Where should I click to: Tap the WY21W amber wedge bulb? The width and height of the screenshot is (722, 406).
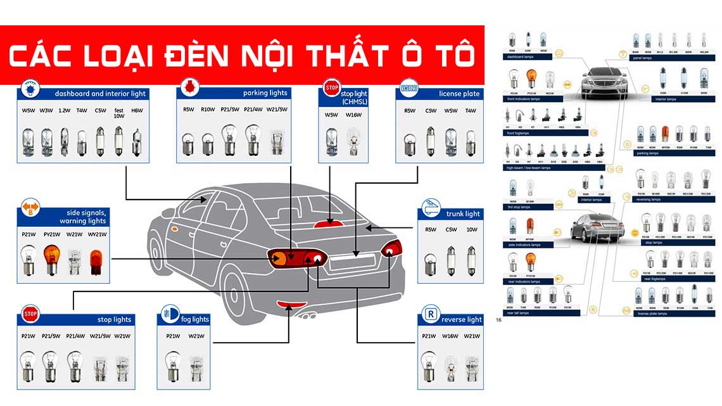point(96,262)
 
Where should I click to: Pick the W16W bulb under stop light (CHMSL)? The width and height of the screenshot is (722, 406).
point(353,143)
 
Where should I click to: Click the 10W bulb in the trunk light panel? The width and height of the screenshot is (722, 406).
point(472,260)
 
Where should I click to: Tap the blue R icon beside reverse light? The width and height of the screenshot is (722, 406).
point(431,314)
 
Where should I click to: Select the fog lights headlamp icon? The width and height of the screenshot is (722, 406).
point(170,313)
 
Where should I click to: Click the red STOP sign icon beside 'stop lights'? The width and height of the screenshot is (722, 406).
point(30,314)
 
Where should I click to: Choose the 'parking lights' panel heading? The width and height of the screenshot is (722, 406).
point(265,93)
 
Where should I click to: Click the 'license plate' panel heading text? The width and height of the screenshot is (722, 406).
point(459,94)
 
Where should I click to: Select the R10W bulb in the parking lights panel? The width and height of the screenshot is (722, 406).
point(208,143)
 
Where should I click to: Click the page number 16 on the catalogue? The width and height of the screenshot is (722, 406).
point(499,320)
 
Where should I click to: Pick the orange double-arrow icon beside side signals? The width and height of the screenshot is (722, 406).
point(30,207)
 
